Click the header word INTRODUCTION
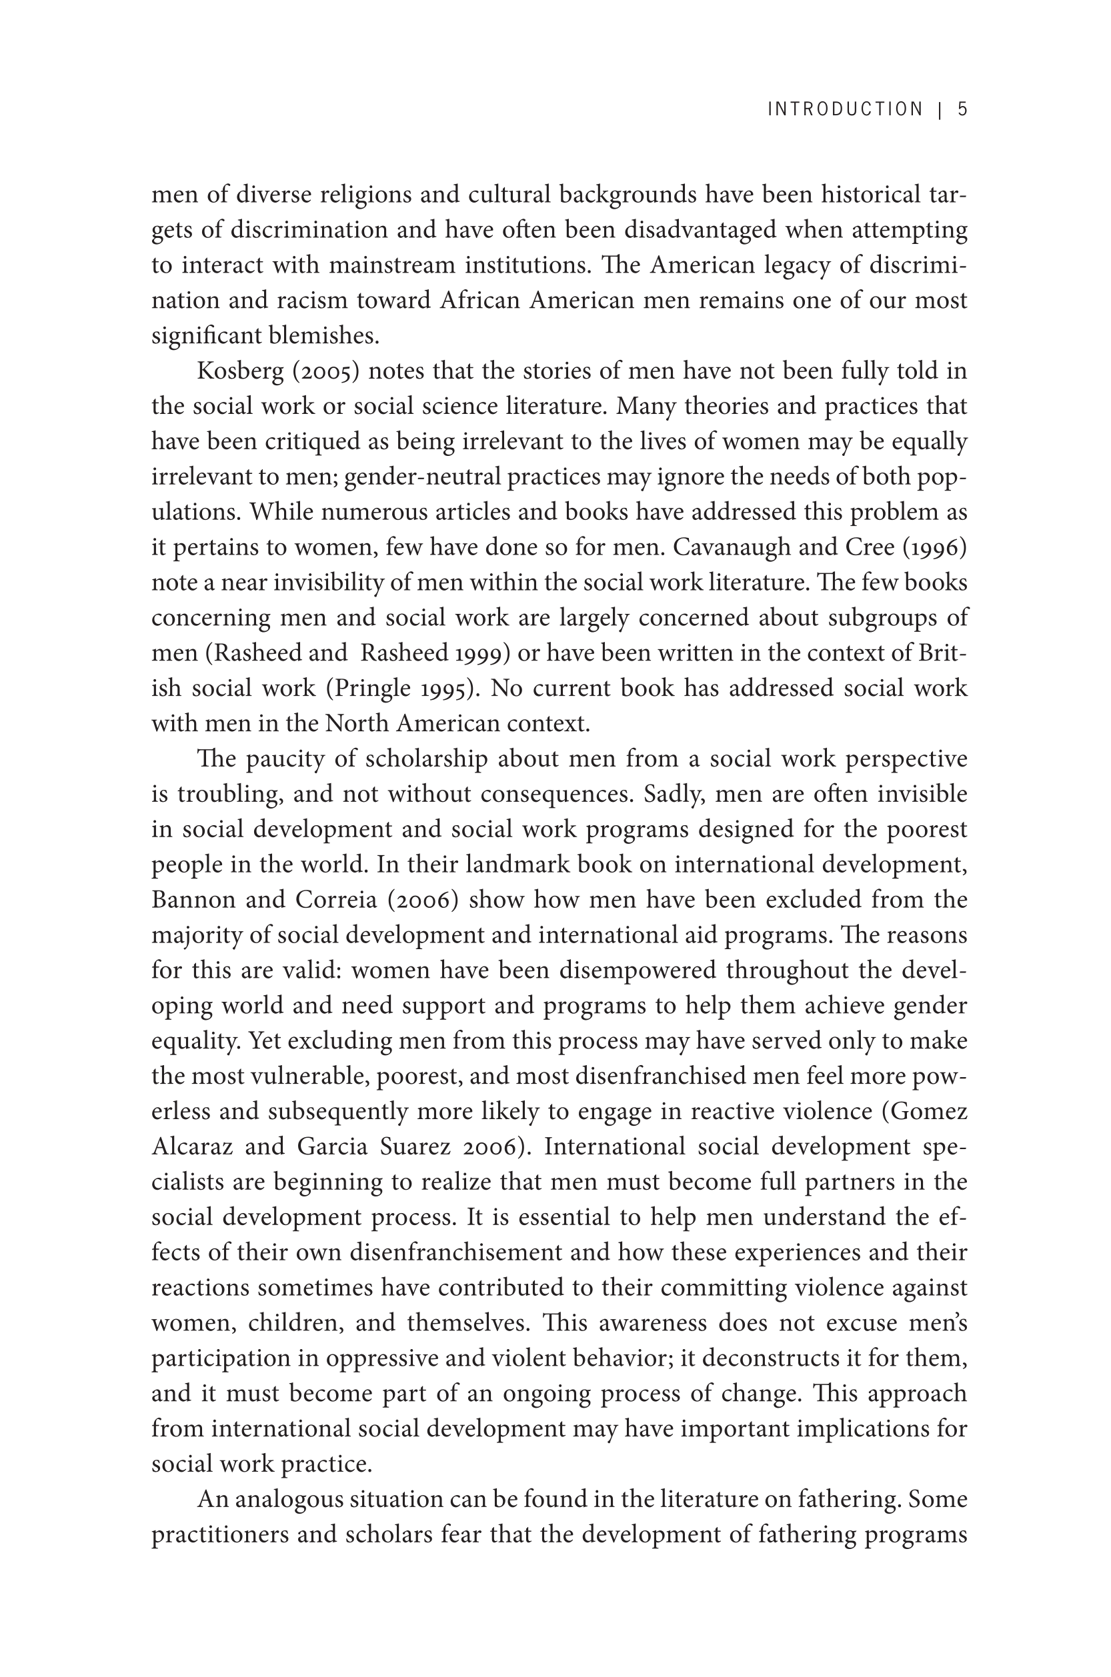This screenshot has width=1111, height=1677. point(846,109)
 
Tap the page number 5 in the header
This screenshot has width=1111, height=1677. point(962,109)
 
